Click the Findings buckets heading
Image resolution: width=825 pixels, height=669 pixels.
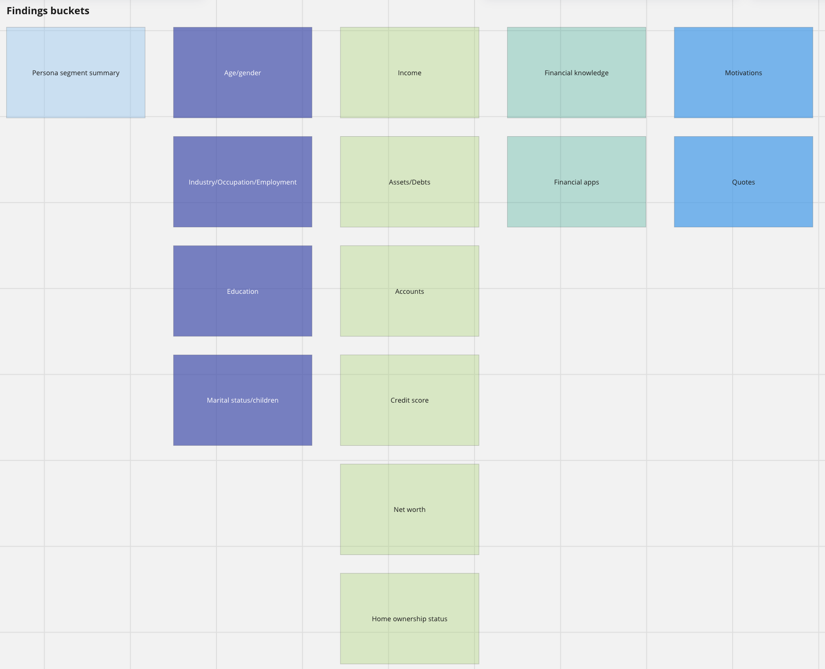[48, 11]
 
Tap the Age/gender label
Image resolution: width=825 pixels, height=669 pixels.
[242, 73]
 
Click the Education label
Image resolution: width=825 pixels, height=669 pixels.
[242, 291]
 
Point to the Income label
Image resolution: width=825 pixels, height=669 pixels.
[410, 73]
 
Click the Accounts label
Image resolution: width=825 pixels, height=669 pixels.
[410, 291]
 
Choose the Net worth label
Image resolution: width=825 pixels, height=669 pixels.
[410, 510]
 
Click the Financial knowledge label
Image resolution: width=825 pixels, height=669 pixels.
[576, 73]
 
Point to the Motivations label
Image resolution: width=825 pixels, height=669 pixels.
[744, 73]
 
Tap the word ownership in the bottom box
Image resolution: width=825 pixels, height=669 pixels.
[409, 619]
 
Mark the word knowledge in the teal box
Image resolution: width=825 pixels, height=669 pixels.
[592, 73]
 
